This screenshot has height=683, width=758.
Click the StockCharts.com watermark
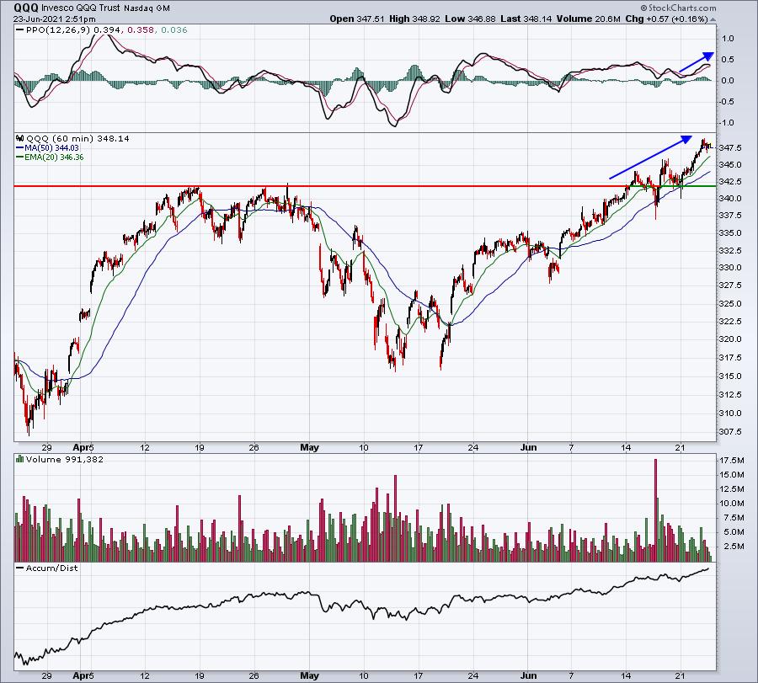coord(678,8)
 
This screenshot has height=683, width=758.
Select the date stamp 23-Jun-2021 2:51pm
coord(54,19)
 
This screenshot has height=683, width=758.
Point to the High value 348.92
coord(425,19)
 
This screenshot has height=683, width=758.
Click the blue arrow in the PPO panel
coord(697,62)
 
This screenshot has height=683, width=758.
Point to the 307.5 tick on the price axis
coord(730,431)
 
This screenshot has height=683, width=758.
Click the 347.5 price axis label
coord(730,147)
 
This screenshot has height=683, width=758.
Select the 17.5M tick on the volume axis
coord(731,460)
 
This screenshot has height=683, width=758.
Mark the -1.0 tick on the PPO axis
coord(727,123)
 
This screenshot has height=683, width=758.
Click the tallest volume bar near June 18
coord(656,510)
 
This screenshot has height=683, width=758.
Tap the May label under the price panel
coord(309,447)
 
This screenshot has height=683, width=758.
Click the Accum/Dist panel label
coord(51,568)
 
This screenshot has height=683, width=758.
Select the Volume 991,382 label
coord(65,459)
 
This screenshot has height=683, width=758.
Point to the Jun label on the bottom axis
coord(529,675)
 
